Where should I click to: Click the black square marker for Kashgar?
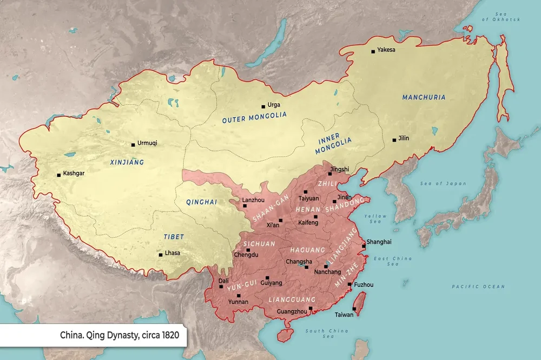point(58,175)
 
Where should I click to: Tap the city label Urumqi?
point(147,144)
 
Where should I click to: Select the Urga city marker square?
point(263,106)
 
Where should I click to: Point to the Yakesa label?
point(386,50)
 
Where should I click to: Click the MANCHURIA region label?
point(424,97)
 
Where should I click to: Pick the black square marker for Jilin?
point(394,140)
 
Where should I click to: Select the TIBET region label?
point(174,237)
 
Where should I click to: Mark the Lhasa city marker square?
point(160,255)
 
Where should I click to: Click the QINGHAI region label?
point(201,202)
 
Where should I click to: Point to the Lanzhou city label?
point(253,199)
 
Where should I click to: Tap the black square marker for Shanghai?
point(364,246)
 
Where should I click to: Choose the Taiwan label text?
point(344,314)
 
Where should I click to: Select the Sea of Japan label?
point(443,184)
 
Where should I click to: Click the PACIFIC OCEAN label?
point(478,286)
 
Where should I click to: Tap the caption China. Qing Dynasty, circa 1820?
point(119,335)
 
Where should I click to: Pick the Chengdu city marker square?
point(248,250)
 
